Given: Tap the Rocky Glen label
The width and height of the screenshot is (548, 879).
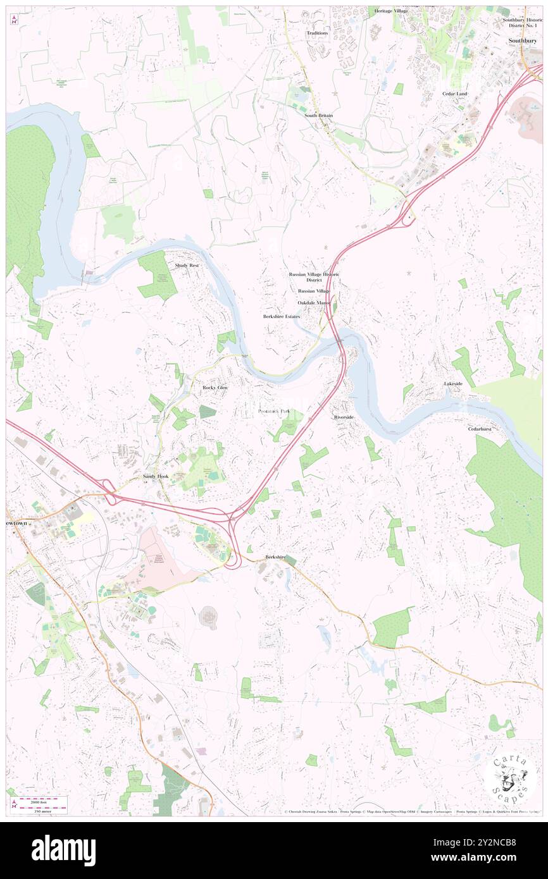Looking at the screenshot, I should click(214, 386).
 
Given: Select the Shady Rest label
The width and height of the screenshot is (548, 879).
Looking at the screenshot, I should click(187, 266).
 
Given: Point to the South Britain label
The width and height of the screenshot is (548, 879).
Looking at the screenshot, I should click(318, 116).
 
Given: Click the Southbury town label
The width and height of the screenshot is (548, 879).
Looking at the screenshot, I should click(523, 40).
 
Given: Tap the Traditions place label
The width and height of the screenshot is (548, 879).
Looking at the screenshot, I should click(317, 33).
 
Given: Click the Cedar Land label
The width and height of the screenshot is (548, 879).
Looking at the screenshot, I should click(454, 94).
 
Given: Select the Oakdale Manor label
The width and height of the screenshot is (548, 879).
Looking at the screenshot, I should click(314, 303).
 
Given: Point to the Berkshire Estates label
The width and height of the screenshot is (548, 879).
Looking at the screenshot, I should click(282, 316).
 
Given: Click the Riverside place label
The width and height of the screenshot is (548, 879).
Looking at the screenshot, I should click(344, 418).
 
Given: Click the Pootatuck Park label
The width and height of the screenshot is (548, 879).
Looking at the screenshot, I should click(275, 411).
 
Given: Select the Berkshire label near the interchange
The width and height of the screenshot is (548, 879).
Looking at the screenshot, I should click(276, 556).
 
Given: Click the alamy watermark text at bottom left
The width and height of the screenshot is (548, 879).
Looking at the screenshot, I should click(63, 851).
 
